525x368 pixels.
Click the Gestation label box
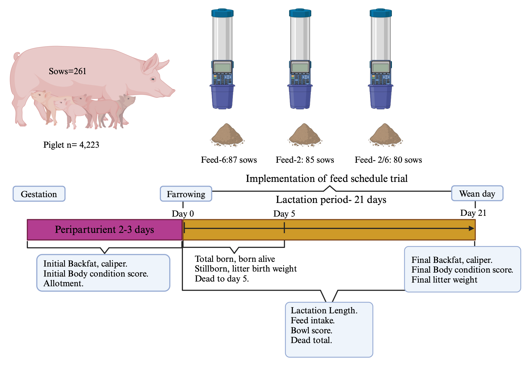pyautogui.click(x=39, y=194)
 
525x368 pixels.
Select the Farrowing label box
pyautogui.click(x=186, y=194)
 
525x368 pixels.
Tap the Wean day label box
pyautogui.click(x=477, y=193)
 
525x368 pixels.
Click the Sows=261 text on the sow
pyautogui.click(x=67, y=71)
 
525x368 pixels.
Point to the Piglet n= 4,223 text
pyautogui.click(x=71, y=145)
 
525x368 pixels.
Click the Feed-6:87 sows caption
pyautogui.click(x=229, y=160)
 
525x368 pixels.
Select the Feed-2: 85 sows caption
pyautogui.click(x=305, y=160)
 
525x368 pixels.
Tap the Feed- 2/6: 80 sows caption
pyautogui.click(x=388, y=160)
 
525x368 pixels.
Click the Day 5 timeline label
pyautogui.click(x=284, y=214)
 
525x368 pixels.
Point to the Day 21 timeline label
pyautogui.click(x=473, y=213)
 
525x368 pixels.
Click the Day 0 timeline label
pyautogui.click(x=183, y=214)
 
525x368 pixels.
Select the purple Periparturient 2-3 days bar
pyautogui.click(x=104, y=230)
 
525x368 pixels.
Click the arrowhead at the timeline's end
pyautogui.click(x=471, y=228)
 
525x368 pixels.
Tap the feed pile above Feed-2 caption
pyautogui.click(x=305, y=135)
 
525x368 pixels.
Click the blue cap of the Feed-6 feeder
pyautogui.click(x=222, y=13)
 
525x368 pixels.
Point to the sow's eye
pyautogui.click(x=153, y=79)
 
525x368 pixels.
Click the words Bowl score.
pyautogui.click(x=311, y=330)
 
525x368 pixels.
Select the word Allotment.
pyautogui.click(x=63, y=283)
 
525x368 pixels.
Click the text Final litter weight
pyautogui.click(x=444, y=280)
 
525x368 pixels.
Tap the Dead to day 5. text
pyautogui.click(x=222, y=279)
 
